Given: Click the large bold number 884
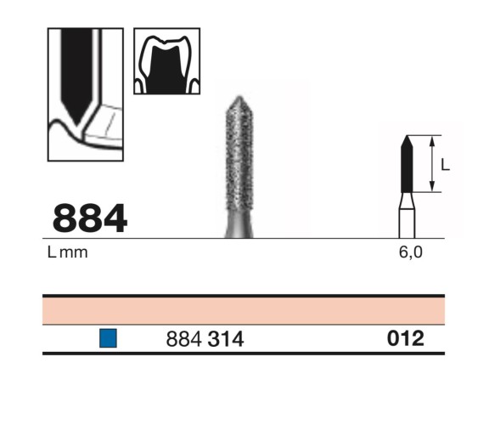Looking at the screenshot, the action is (x=90, y=218).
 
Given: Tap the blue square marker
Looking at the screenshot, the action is (x=108, y=338).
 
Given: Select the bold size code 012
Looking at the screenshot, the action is (x=406, y=338).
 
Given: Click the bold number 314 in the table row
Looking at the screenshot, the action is (x=226, y=339).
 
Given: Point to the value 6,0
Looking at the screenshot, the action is (x=410, y=252).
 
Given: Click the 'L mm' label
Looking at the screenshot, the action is (x=68, y=252).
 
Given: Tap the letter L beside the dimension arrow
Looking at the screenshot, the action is (x=446, y=164).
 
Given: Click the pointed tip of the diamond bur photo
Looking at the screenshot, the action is (x=239, y=96).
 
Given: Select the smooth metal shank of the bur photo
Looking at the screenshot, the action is (x=239, y=225).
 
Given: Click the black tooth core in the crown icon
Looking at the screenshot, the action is (x=167, y=71).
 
